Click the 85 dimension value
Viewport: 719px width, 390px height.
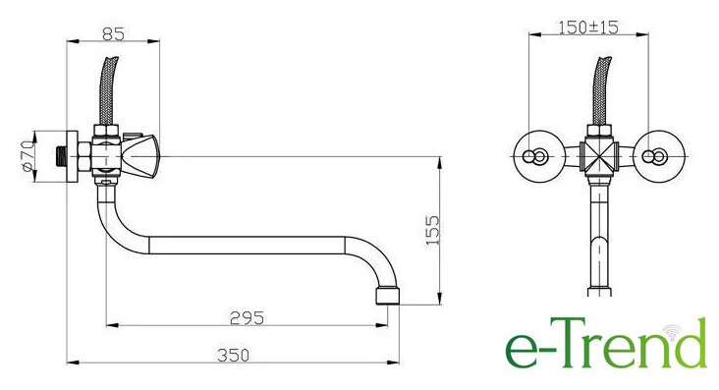click(x=113, y=33)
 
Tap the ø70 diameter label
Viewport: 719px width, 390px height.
click(x=28, y=156)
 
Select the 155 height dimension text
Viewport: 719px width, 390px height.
click(x=432, y=230)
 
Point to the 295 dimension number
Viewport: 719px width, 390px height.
click(x=248, y=317)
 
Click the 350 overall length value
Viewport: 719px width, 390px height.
click(x=234, y=356)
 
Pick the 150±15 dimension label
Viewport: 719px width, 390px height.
click(x=588, y=28)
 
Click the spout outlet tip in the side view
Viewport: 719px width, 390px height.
click(x=387, y=296)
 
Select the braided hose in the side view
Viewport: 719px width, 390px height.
click(x=108, y=90)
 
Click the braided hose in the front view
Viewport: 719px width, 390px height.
click(x=601, y=90)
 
